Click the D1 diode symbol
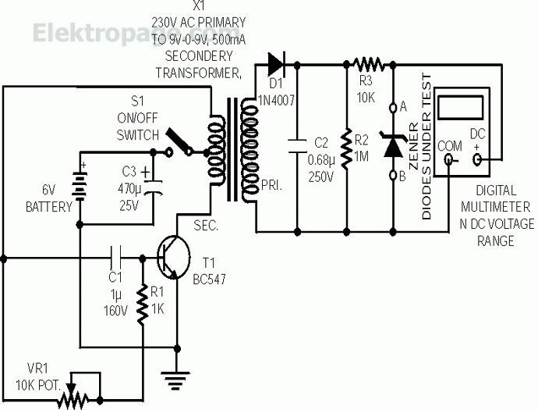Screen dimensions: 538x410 [x=276, y=64]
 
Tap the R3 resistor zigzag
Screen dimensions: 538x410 [x=369, y=64]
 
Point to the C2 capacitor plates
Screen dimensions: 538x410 [x=297, y=146]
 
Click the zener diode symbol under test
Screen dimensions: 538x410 [x=393, y=145]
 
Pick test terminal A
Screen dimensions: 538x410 [x=393, y=108]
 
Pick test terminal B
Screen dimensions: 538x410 [x=393, y=175]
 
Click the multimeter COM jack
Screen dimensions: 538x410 [x=449, y=159]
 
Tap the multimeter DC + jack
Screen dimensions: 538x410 [x=477, y=159]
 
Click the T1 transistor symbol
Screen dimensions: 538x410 [x=174, y=257]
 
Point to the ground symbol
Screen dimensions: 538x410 [x=176, y=379]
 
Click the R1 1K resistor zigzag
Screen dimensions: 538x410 [x=142, y=305]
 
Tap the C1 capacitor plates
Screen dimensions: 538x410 [x=115, y=258]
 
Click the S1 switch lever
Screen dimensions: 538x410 [x=179, y=141]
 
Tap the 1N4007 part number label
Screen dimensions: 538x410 [x=277, y=100]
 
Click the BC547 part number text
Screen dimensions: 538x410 [x=209, y=280]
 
